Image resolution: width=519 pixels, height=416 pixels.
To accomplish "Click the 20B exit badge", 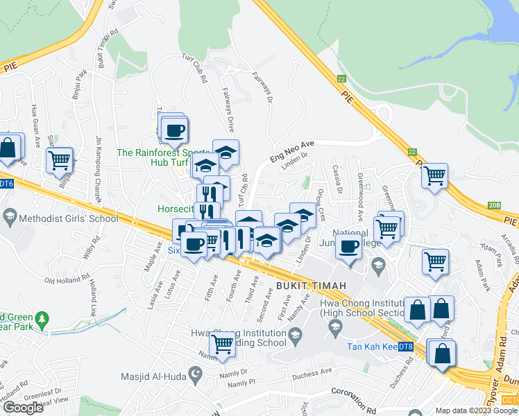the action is coord(494,205).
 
